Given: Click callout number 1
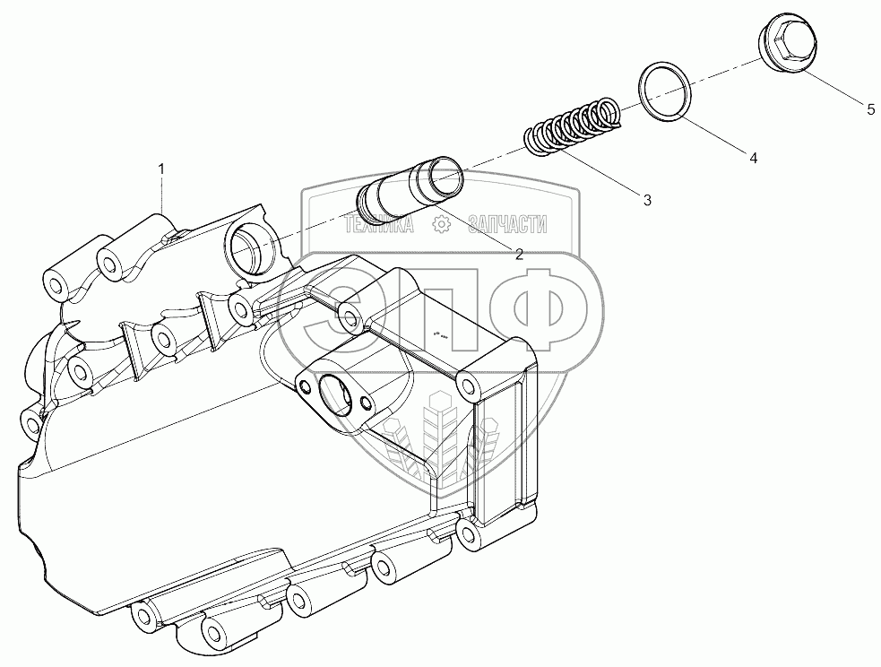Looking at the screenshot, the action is [x=161, y=168].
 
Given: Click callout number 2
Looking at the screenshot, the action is [x=519, y=254].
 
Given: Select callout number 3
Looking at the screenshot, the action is [x=647, y=200].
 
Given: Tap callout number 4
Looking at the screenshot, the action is [x=754, y=158].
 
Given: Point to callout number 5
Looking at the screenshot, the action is [x=870, y=109].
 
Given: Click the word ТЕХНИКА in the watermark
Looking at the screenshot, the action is [x=378, y=225].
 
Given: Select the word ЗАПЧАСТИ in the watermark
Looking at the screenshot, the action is [x=506, y=225].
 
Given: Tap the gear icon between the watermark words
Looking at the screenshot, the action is [x=441, y=225].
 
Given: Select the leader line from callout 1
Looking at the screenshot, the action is [x=161, y=195].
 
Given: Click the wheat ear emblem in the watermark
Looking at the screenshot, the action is [x=440, y=436].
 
